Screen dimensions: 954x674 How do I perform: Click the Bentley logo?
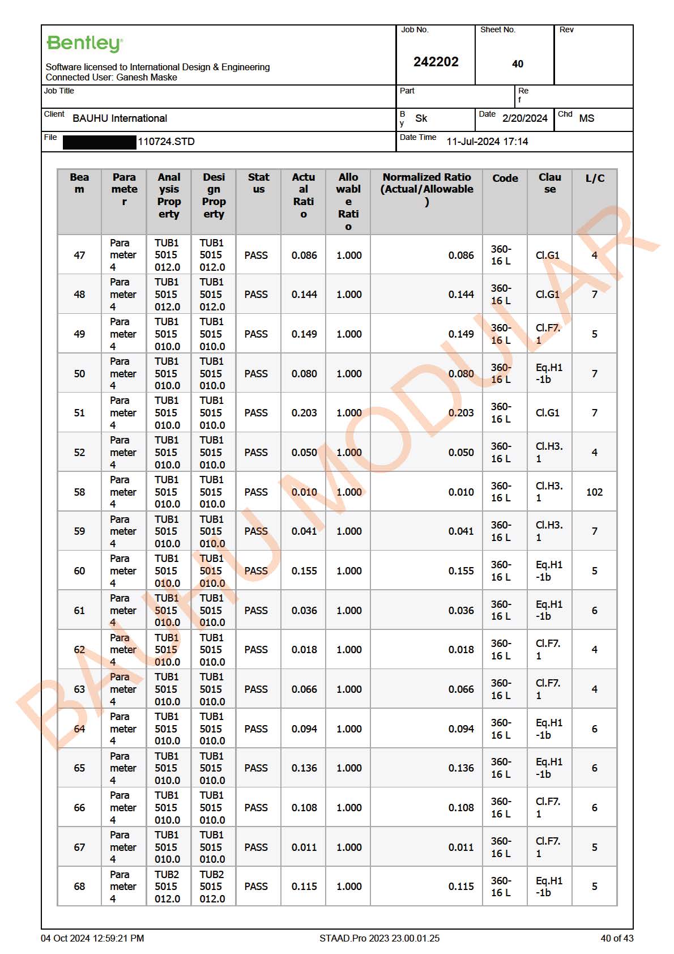tap(84, 44)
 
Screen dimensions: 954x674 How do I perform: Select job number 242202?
tap(436, 62)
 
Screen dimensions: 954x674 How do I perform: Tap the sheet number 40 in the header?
tap(517, 64)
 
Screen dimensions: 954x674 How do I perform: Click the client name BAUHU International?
tap(120, 118)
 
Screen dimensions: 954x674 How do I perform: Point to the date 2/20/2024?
tap(524, 118)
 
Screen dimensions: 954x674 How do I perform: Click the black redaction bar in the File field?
tap(100, 142)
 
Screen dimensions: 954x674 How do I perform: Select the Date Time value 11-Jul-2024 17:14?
tap(487, 142)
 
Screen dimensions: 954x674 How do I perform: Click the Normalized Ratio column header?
tap(426, 189)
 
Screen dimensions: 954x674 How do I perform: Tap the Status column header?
tap(258, 183)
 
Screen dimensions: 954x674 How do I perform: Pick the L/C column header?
tap(595, 178)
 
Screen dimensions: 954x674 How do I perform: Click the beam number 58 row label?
tap(79, 492)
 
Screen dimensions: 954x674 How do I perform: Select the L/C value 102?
tap(594, 492)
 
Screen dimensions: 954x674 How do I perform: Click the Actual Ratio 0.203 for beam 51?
tap(304, 413)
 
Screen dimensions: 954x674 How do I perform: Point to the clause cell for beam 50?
tap(549, 373)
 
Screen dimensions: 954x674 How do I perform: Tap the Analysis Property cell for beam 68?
tap(167, 887)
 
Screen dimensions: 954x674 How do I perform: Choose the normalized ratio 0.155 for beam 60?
tap(461, 571)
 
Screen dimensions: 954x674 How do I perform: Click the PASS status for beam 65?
tap(256, 768)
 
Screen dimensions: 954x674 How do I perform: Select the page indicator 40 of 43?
tap(617, 938)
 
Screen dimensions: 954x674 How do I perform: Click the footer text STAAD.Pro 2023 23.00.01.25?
tap(379, 938)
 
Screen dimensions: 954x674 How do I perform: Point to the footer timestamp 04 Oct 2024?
tap(92, 938)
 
